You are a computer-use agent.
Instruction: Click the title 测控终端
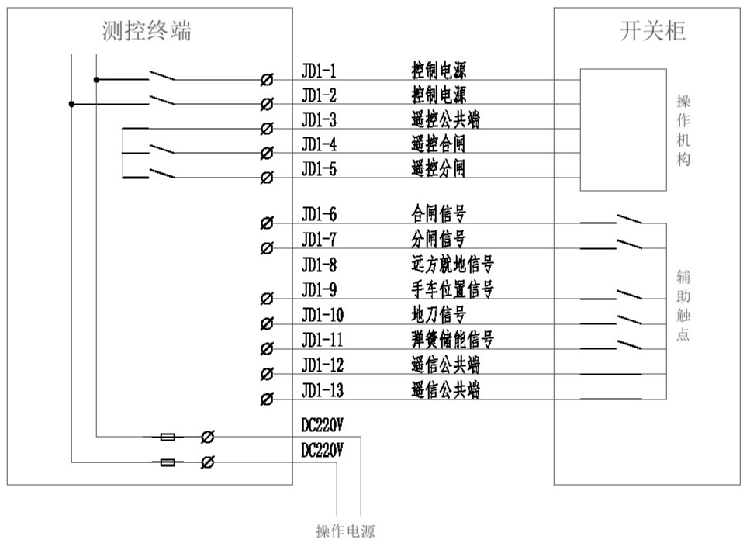pyautogui.click(x=147, y=30)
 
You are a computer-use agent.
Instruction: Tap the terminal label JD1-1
pyautogui.click(x=319, y=72)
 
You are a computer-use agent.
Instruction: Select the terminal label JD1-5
pyautogui.click(x=319, y=168)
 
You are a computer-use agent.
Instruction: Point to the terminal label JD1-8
pyautogui.click(x=319, y=265)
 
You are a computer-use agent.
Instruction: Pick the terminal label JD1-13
pyautogui.click(x=322, y=390)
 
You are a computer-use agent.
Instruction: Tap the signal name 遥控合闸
pyautogui.click(x=438, y=144)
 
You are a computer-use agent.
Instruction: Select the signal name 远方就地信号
pyautogui.click(x=452, y=265)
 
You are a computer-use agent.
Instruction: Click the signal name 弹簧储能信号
pyautogui.click(x=452, y=340)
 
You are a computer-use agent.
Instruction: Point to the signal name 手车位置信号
pyautogui.click(x=452, y=289)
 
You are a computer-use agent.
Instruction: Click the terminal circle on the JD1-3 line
pyautogui.click(x=267, y=128)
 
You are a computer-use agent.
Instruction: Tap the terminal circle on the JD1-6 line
pyautogui.click(x=267, y=223)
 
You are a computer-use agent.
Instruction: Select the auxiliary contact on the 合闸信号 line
pyautogui.click(x=629, y=220)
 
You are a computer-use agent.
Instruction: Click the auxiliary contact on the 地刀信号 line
pyautogui.click(x=629, y=318)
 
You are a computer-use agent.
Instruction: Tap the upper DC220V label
pyautogui.click(x=322, y=425)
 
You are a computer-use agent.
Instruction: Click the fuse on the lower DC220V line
pyautogui.click(x=167, y=462)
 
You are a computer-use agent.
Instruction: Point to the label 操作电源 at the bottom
pyautogui.click(x=344, y=531)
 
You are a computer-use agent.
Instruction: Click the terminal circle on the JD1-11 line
pyautogui.click(x=267, y=348)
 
